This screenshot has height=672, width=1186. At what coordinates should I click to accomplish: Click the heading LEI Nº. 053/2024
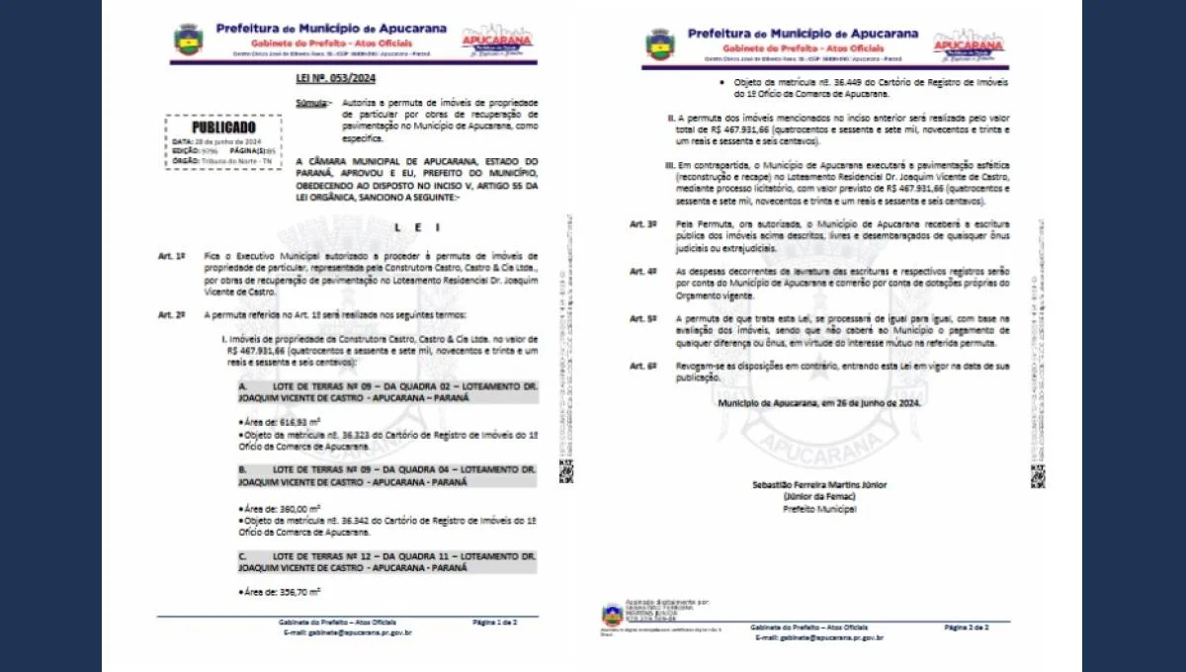[336, 78]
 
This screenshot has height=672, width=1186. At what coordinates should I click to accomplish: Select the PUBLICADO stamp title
[223, 127]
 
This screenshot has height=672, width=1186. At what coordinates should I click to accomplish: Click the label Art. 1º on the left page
[171, 256]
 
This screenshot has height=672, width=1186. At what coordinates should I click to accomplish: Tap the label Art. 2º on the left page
[171, 314]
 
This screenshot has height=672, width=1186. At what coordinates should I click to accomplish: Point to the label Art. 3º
[643, 224]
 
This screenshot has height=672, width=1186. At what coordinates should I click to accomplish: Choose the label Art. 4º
[643, 271]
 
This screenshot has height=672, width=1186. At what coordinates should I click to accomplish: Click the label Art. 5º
[643, 318]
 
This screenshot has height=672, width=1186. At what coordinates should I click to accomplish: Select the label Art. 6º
[643, 366]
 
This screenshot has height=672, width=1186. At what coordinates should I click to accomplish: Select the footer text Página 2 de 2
[966, 628]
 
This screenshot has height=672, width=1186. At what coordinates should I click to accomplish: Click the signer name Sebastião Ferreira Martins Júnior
[819, 484]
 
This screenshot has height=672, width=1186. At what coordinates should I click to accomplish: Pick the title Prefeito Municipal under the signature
[819, 509]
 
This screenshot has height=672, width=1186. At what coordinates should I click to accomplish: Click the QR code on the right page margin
[1037, 478]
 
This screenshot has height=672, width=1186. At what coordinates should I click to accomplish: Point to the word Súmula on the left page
[314, 103]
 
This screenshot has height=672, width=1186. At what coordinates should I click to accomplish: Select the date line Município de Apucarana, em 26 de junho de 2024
[819, 403]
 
